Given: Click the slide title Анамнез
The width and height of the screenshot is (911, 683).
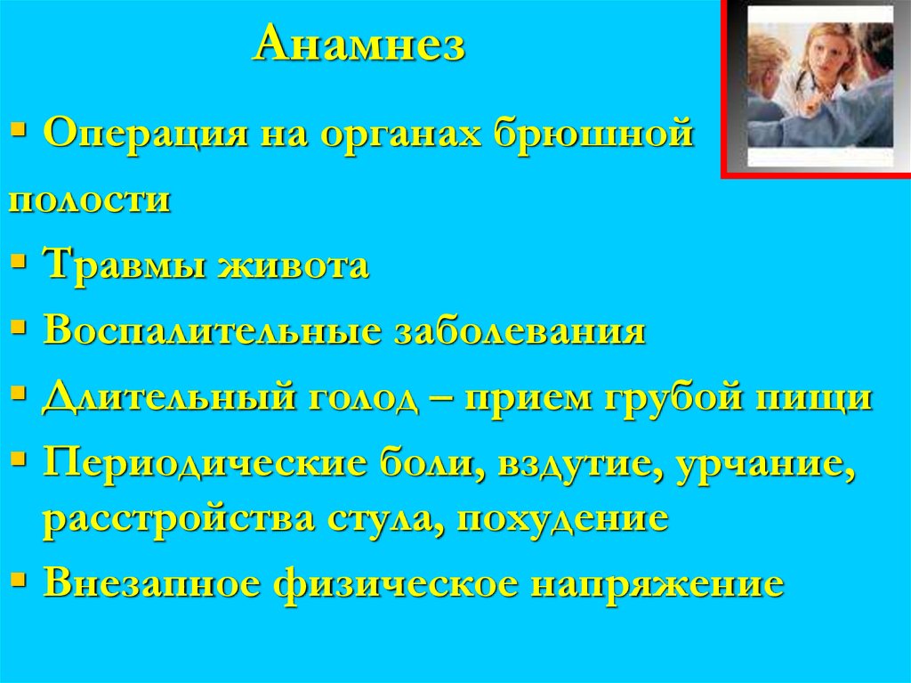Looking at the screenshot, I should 359,45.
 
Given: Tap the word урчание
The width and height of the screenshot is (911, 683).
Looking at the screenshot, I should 760,462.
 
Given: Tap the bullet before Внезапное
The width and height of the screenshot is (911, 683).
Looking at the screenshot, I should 20,580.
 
